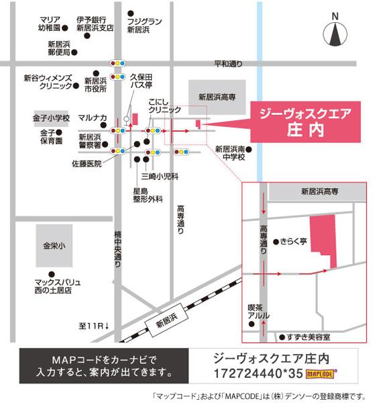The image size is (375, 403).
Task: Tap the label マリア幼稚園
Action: pos(50,25)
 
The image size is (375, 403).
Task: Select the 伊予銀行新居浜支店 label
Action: pos(95,25)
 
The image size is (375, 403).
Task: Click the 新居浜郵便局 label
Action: pos(54,46)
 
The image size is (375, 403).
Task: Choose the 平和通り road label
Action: pos(227,64)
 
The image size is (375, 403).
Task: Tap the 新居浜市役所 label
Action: pos(95,83)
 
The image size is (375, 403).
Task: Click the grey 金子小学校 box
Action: pos(51,118)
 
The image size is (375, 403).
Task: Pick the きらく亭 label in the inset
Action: pos(293,239)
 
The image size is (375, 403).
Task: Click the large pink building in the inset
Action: pos(321,242)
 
